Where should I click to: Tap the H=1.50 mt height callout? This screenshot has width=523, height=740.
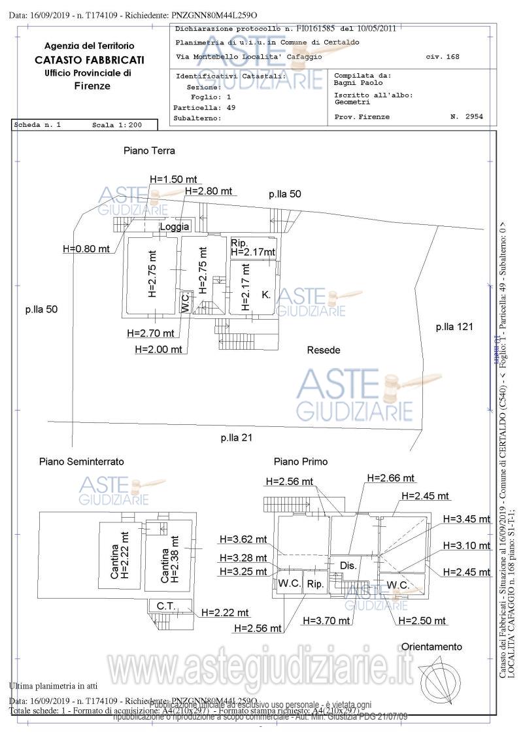click(173, 178)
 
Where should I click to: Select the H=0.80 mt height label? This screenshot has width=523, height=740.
click(86, 248)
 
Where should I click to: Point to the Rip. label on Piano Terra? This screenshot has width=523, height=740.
click(238, 243)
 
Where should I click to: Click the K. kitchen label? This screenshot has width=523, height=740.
click(266, 295)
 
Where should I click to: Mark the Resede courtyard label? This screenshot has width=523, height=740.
click(324, 350)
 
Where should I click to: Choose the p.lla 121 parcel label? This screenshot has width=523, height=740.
click(454, 326)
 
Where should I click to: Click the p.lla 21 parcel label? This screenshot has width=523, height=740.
click(236, 437)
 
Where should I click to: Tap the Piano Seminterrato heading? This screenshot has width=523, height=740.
click(81, 462)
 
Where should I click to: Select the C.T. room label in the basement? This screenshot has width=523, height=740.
click(165, 607)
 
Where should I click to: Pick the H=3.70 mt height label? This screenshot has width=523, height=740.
click(326, 620)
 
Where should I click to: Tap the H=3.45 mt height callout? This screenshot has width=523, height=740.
click(466, 519)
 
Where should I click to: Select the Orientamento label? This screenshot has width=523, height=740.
click(431, 647)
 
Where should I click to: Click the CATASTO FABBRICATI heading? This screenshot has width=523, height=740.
click(90, 59)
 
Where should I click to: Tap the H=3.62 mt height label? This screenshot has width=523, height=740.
click(243, 539)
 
